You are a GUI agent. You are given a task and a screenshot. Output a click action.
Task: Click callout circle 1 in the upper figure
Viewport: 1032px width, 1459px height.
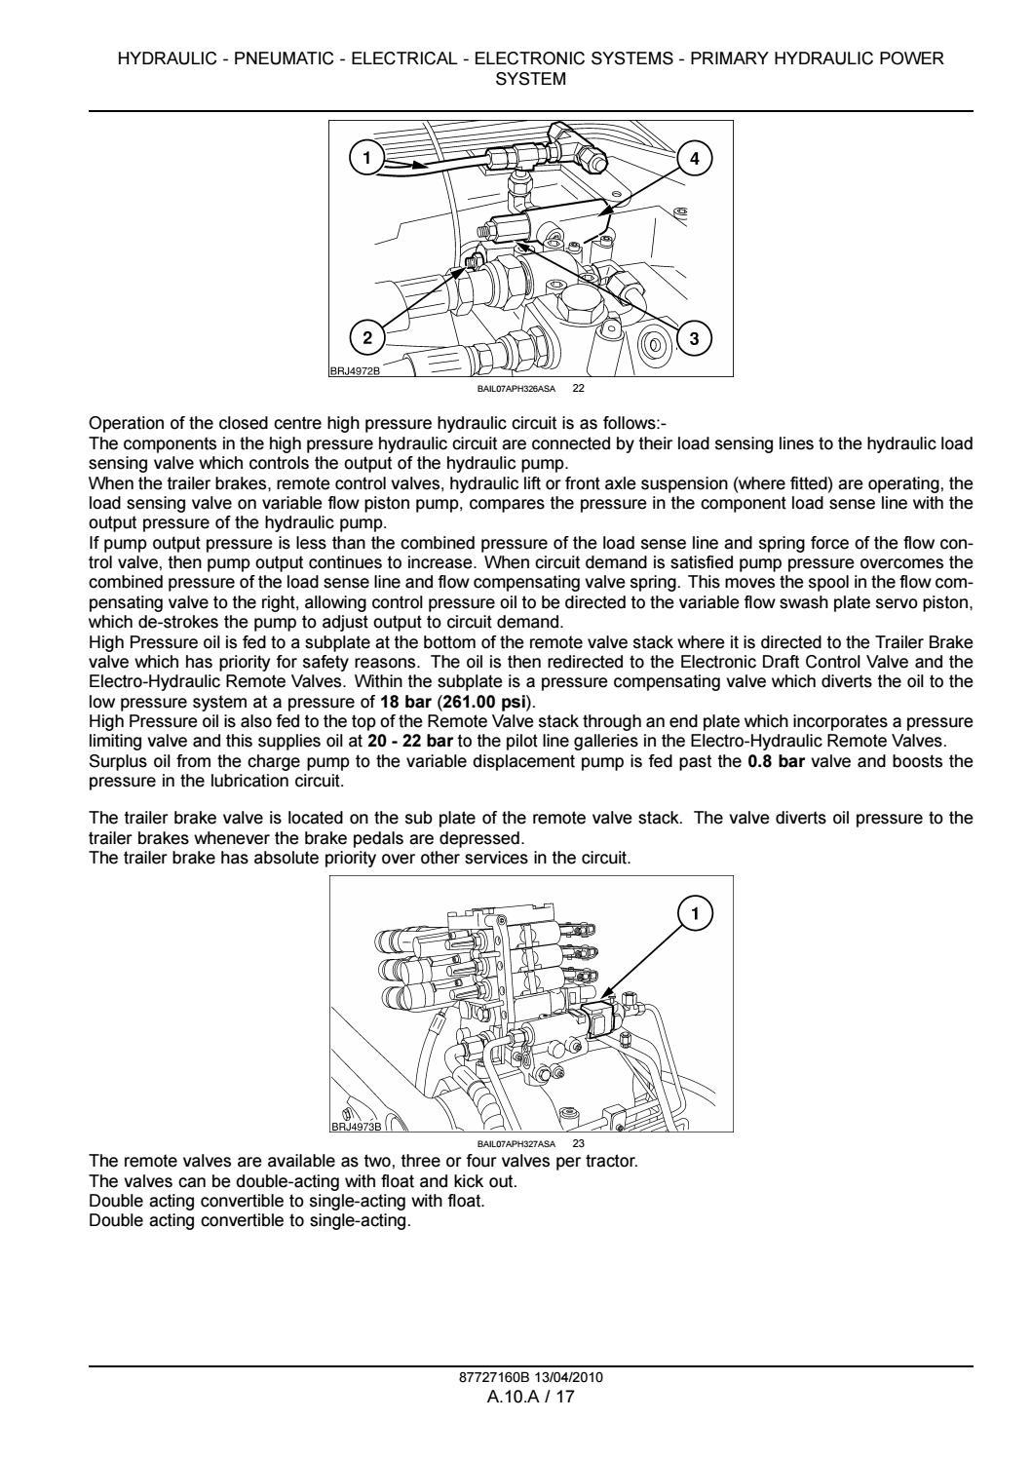tap(365, 157)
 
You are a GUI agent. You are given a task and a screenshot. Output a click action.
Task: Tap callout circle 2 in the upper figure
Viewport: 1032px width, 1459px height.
tap(367, 338)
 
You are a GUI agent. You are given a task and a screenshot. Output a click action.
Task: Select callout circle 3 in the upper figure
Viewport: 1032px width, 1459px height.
tap(694, 338)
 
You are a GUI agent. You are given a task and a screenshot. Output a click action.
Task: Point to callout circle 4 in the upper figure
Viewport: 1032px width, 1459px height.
tap(694, 157)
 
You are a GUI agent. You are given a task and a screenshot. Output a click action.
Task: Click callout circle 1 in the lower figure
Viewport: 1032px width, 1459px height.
tap(695, 913)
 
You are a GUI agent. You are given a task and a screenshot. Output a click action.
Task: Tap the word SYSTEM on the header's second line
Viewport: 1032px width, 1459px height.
tap(531, 79)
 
